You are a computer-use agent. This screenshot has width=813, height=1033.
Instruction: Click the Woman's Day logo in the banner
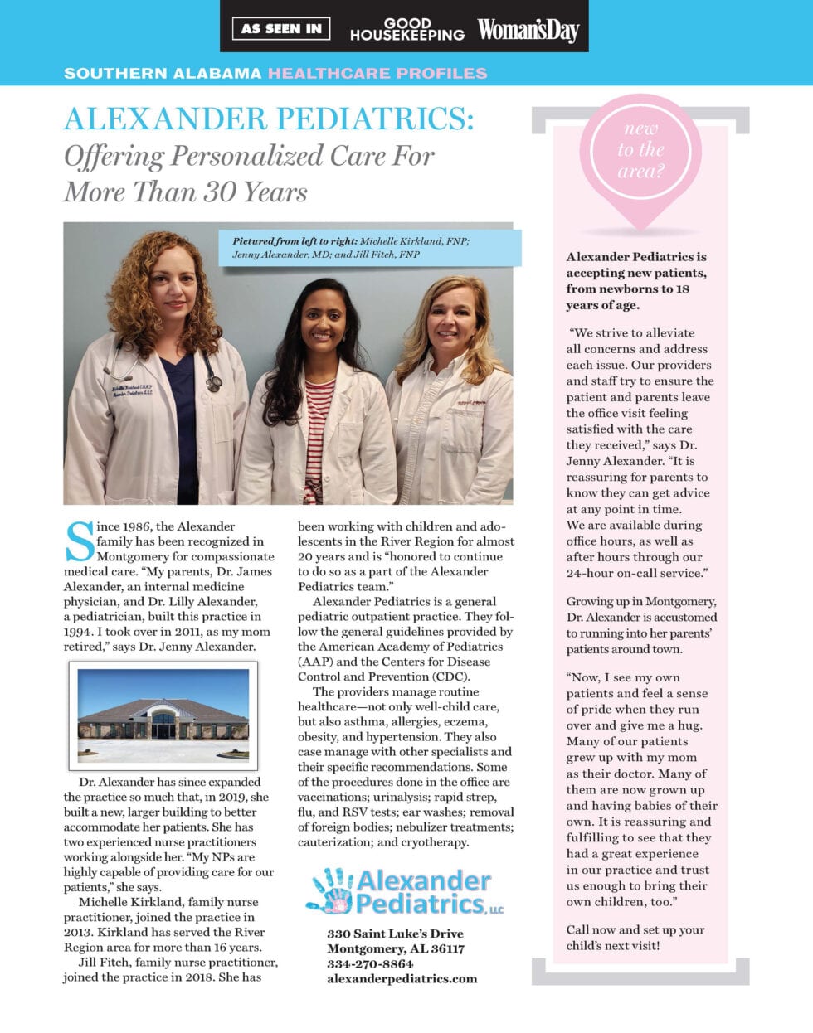pos(528,31)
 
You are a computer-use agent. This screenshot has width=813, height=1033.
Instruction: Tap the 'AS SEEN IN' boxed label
pos(281,28)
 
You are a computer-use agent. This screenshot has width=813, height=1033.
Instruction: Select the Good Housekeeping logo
pos(406,29)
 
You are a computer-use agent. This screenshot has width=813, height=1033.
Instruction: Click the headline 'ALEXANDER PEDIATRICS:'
pos(269,119)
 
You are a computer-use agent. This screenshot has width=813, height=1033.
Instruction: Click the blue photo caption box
pos(369,248)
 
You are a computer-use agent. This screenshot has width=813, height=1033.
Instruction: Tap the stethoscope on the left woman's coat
pos(212,373)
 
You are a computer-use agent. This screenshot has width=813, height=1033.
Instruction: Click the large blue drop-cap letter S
pos(80,541)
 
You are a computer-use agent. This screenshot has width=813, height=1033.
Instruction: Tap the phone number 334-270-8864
pos(370,963)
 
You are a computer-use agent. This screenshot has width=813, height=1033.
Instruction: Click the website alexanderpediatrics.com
pos(402,978)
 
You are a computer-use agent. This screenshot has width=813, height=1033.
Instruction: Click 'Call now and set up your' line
pos(635,929)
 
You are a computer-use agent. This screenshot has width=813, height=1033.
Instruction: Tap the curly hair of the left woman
pos(133,282)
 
